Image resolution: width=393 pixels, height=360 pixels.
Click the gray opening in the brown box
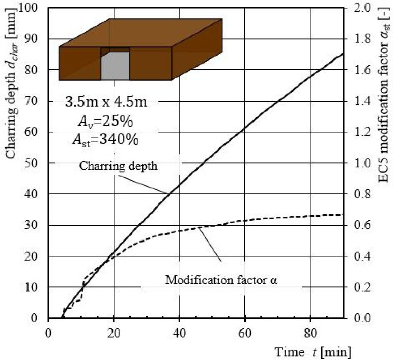coord(115,67)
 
